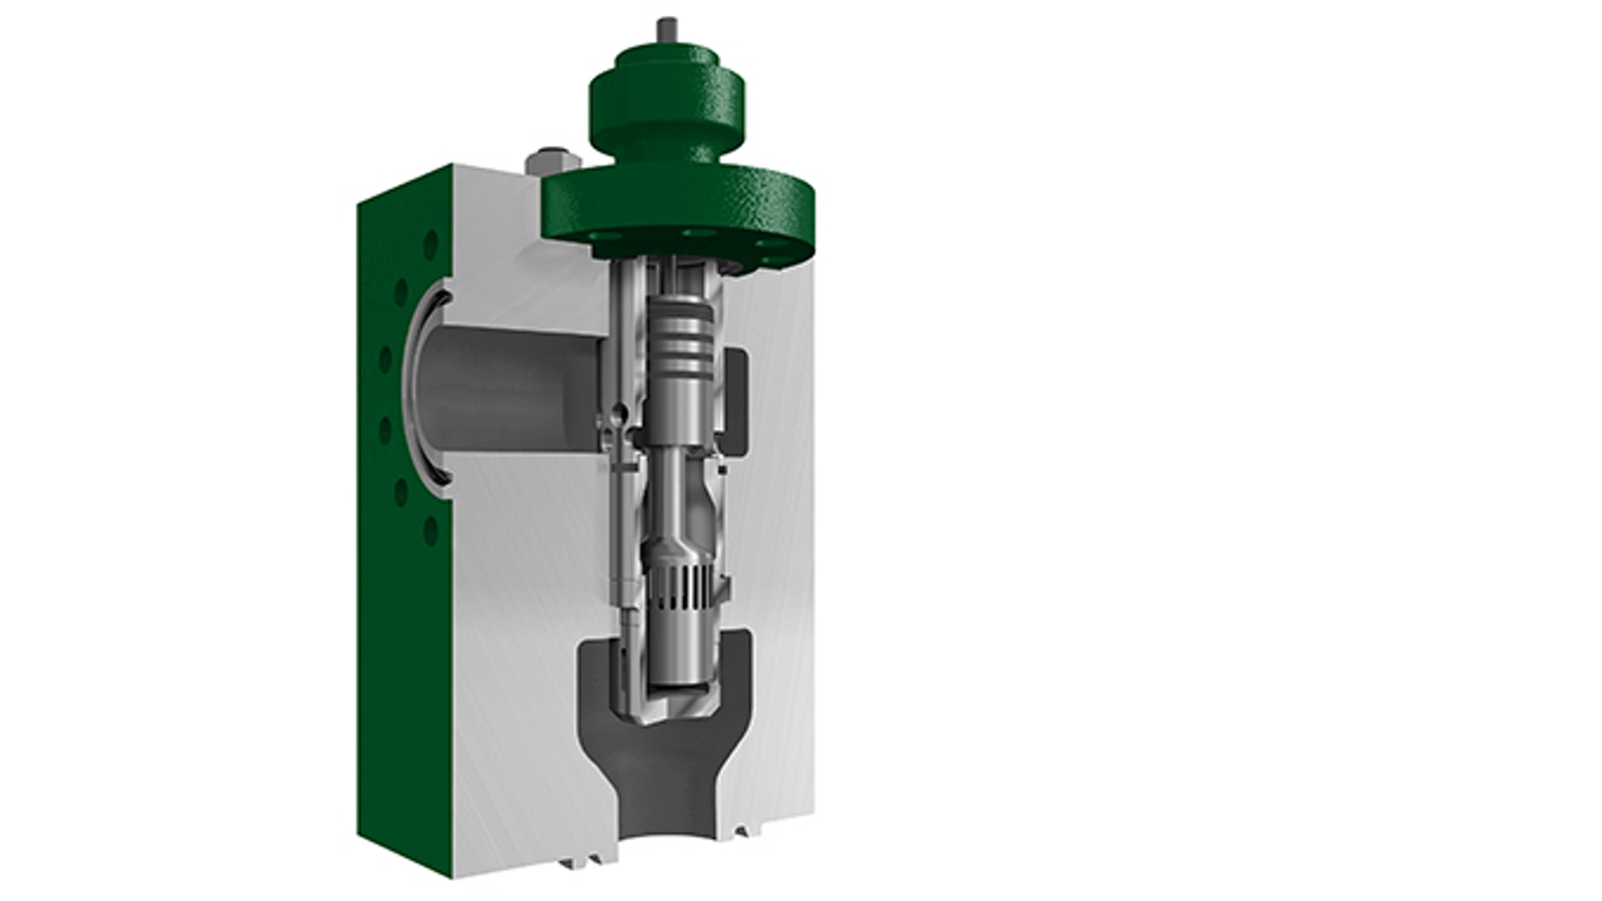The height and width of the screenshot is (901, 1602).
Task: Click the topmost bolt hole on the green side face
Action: [431, 245]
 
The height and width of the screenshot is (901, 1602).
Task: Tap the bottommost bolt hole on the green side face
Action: [431, 531]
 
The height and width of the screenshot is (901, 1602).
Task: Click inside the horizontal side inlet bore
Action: [509, 384]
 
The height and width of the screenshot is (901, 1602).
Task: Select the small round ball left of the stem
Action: [617, 410]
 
